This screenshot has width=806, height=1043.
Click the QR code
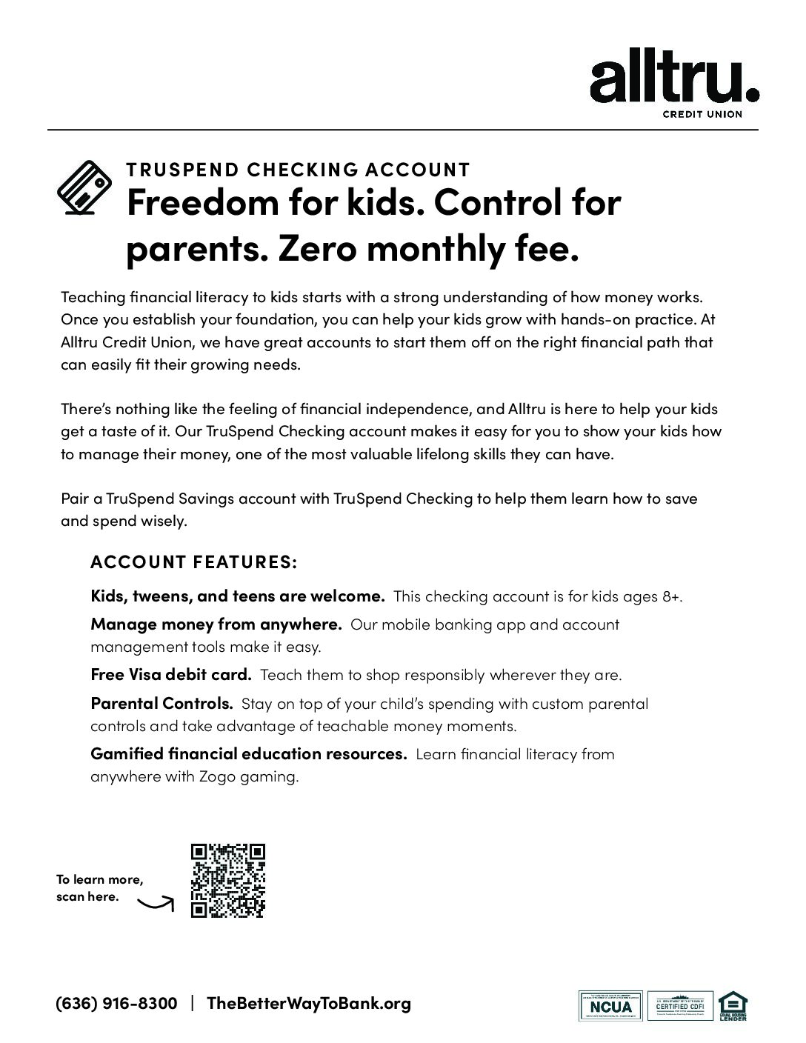point(227,880)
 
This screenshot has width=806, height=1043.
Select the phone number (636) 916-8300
point(117,1004)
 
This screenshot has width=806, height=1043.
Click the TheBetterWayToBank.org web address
point(308,1004)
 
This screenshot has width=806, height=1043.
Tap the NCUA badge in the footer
point(611,1005)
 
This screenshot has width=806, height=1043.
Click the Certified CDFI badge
point(680,1005)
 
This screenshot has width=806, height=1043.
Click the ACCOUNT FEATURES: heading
point(193,562)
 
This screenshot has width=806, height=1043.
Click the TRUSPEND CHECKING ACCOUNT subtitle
point(298,170)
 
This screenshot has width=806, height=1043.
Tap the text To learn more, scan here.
point(99,888)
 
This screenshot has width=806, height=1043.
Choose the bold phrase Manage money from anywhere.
point(216,624)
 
